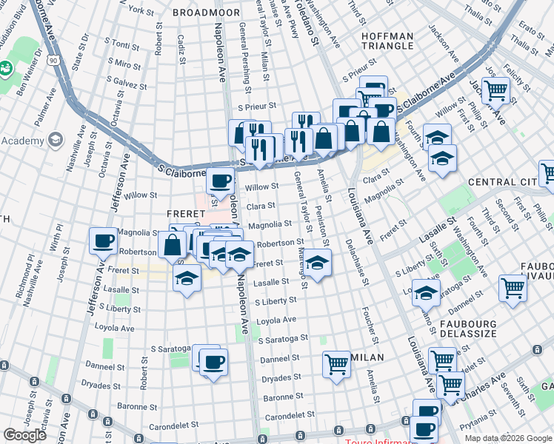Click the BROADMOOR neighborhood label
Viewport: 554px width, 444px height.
click(206, 13)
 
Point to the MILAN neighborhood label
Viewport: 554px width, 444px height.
click(367, 357)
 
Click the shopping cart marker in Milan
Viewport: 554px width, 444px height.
click(336, 364)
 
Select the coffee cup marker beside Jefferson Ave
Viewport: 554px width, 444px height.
click(103, 240)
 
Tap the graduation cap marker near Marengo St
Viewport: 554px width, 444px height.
click(317, 263)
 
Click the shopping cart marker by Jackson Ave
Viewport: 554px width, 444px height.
click(495, 90)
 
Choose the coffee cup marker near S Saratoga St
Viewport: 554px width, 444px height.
click(213, 363)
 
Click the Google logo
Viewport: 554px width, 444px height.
click(24, 435)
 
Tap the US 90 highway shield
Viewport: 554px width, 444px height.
click(54, 67)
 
